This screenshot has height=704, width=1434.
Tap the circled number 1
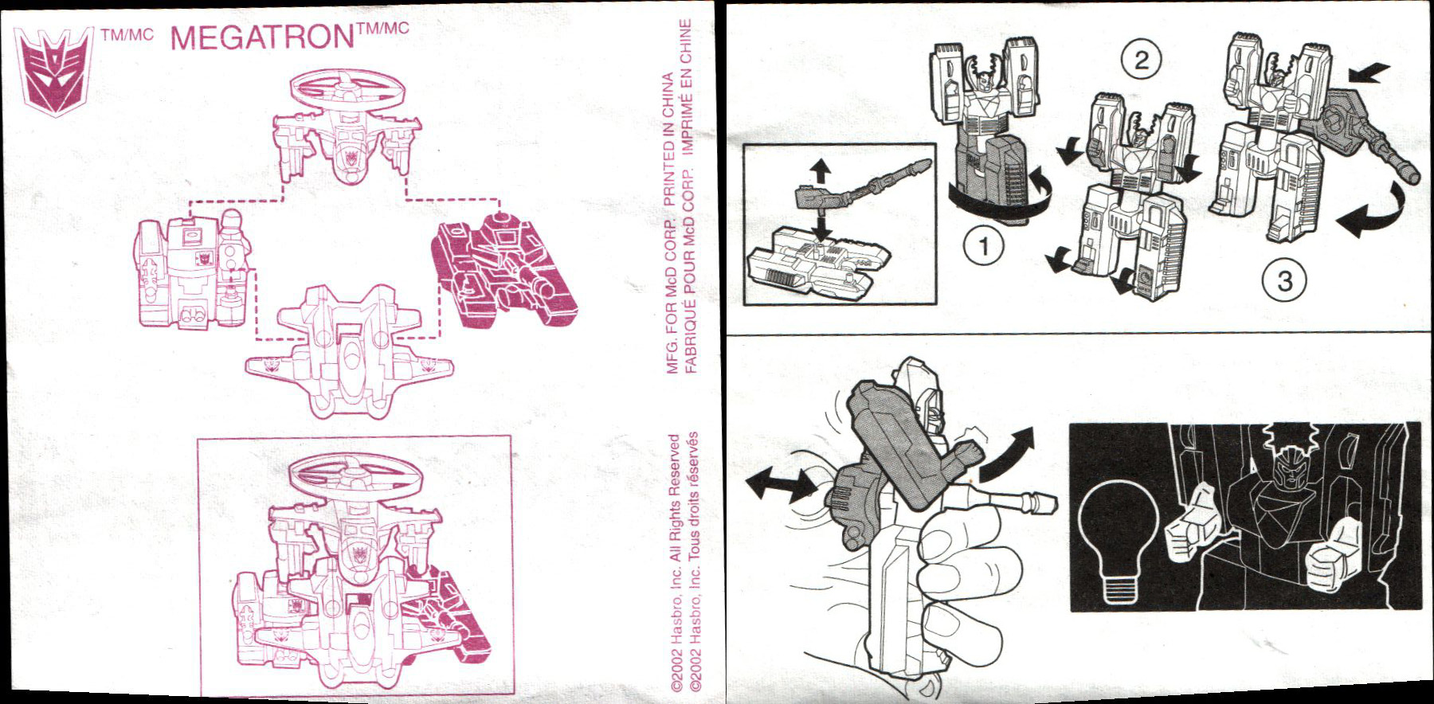pyautogui.click(x=984, y=246)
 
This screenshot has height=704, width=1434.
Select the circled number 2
pyautogui.click(x=1141, y=60)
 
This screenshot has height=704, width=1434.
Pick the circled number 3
pyautogui.click(x=1284, y=280)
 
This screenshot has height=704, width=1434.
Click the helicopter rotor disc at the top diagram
pyautogui.click(x=347, y=95)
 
